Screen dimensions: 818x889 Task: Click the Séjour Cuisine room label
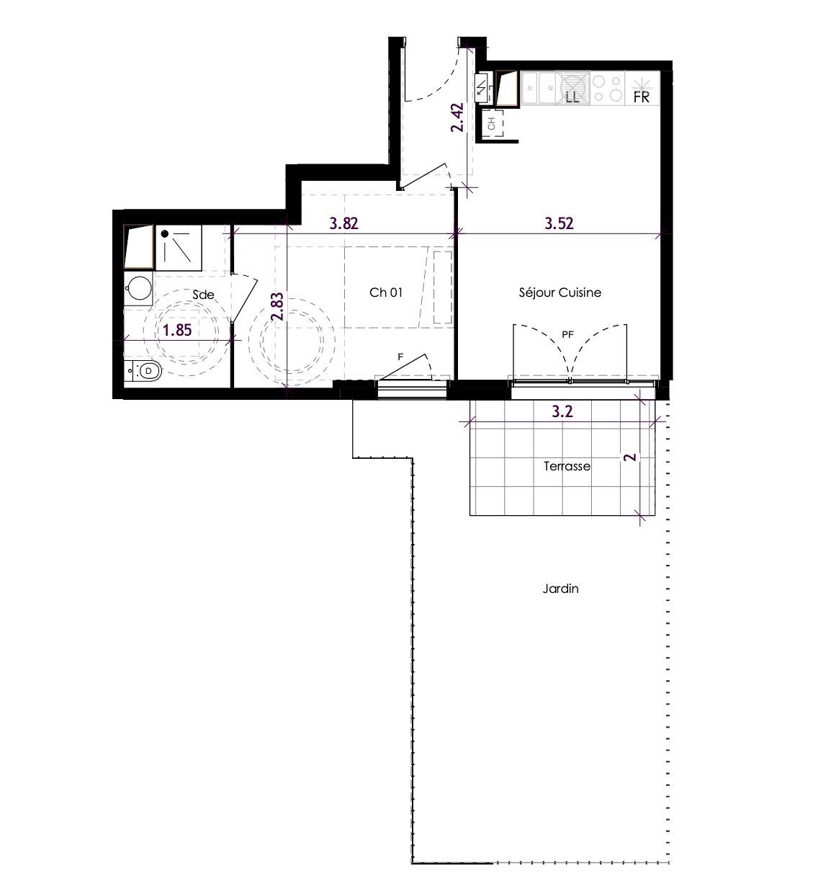point(560,292)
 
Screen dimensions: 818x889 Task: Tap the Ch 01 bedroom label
point(386,292)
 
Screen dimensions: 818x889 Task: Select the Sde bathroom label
point(203,295)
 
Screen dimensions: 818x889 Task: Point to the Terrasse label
point(567,466)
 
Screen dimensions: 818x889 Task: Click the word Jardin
point(560,589)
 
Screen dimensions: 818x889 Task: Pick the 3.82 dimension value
point(344,223)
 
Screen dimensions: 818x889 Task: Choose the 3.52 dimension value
point(559,223)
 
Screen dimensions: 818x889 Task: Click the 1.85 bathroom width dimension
point(177,330)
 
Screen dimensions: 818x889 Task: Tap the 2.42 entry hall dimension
point(457,117)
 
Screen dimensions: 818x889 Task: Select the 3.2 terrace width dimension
point(562,411)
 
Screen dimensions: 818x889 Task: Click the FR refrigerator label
point(642,97)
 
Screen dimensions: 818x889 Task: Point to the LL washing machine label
point(572,97)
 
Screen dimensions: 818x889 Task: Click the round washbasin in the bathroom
point(139,289)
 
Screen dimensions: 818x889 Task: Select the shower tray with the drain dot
point(179,247)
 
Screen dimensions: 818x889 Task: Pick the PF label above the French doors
point(567,335)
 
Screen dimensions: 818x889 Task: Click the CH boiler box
point(492,124)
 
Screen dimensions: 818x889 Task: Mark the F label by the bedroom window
point(400,357)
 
